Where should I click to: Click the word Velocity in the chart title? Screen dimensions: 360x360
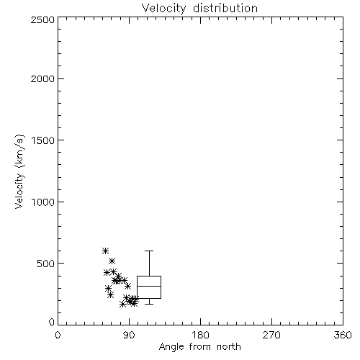pyautogui.click(x=163, y=9)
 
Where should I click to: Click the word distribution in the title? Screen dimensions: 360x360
pyautogui.click(x=225, y=8)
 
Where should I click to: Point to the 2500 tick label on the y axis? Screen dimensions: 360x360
pyautogui.click(x=42, y=19)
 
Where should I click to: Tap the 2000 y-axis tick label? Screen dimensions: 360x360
pyautogui.click(x=42, y=78)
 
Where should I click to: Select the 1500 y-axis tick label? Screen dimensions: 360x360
pyautogui.click(x=43, y=140)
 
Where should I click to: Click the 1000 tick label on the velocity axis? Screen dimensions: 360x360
pyautogui.click(x=43, y=202)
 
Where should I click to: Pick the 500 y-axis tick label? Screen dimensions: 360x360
pyautogui.click(x=46, y=264)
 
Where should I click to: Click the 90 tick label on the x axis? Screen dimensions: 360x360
pyautogui.click(x=129, y=335)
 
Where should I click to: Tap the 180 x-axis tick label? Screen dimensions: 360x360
pyautogui.click(x=200, y=335)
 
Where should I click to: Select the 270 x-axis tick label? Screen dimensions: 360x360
pyautogui.click(x=271, y=335)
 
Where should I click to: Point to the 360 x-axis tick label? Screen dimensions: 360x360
pyautogui.click(x=343, y=335)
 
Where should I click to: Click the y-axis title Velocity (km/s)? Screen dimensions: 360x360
pyautogui.click(x=19, y=171)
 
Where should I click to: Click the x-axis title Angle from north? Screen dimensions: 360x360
pyautogui.click(x=200, y=347)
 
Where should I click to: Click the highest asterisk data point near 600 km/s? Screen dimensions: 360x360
pyautogui.click(x=105, y=251)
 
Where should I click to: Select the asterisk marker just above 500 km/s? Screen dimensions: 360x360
pyautogui.click(x=112, y=261)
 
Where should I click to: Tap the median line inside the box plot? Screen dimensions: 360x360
pyautogui.click(x=149, y=286)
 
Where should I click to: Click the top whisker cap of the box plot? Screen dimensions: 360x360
pyautogui.click(x=149, y=251)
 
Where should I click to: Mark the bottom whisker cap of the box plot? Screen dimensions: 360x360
pyautogui.click(x=149, y=304)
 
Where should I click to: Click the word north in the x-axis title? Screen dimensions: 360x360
pyautogui.click(x=229, y=346)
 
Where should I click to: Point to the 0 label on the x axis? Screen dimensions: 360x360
pyautogui.click(x=58, y=335)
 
